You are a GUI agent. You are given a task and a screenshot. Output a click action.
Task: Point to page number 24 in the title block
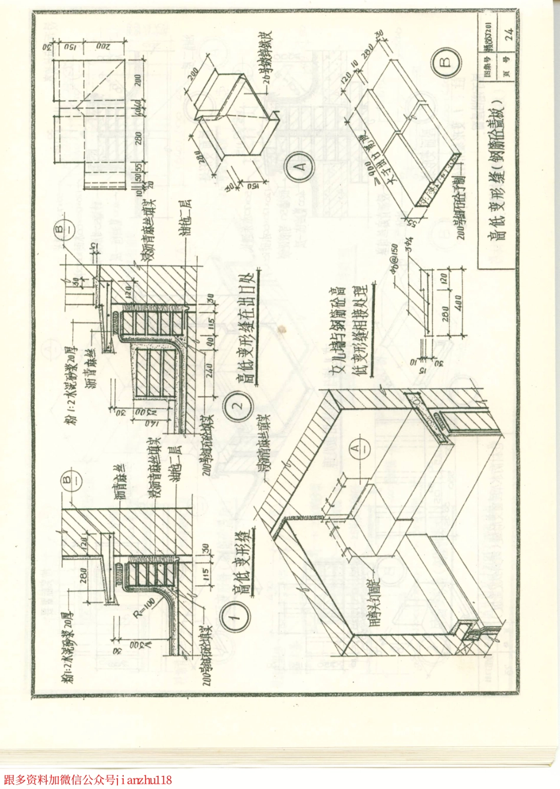tap(509, 36)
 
